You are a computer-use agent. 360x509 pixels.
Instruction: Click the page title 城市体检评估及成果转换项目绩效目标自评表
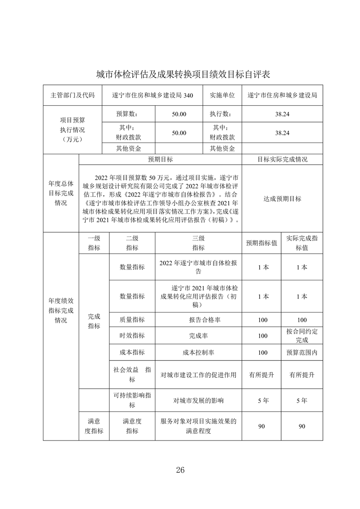[x=180, y=74]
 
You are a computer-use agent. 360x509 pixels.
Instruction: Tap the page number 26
[x=180, y=470]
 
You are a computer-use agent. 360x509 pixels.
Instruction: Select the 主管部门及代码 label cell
[x=73, y=95]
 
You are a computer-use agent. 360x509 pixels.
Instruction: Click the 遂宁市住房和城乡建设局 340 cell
[x=153, y=95]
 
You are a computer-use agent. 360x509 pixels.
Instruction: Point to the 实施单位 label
[x=222, y=95]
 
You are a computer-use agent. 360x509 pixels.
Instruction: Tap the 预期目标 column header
[x=160, y=160]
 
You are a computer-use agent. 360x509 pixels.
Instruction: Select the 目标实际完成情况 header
[x=282, y=160]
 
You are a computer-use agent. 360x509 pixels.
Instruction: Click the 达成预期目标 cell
[x=282, y=199]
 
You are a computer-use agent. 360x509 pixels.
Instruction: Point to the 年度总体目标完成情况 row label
[x=61, y=193]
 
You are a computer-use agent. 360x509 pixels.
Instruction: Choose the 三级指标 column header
[x=198, y=243]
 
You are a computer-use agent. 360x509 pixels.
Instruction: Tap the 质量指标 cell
[x=132, y=319]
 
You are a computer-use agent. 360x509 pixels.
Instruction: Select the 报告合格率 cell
[x=198, y=320]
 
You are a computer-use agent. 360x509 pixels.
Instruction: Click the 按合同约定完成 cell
[x=302, y=335]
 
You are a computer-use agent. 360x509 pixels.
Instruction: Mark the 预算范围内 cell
[x=302, y=352]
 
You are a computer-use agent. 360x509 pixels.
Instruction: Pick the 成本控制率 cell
[x=198, y=352]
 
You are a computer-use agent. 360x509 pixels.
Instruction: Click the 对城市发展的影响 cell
[x=198, y=401]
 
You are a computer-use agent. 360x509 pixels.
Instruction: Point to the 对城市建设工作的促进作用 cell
[x=198, y=375]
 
